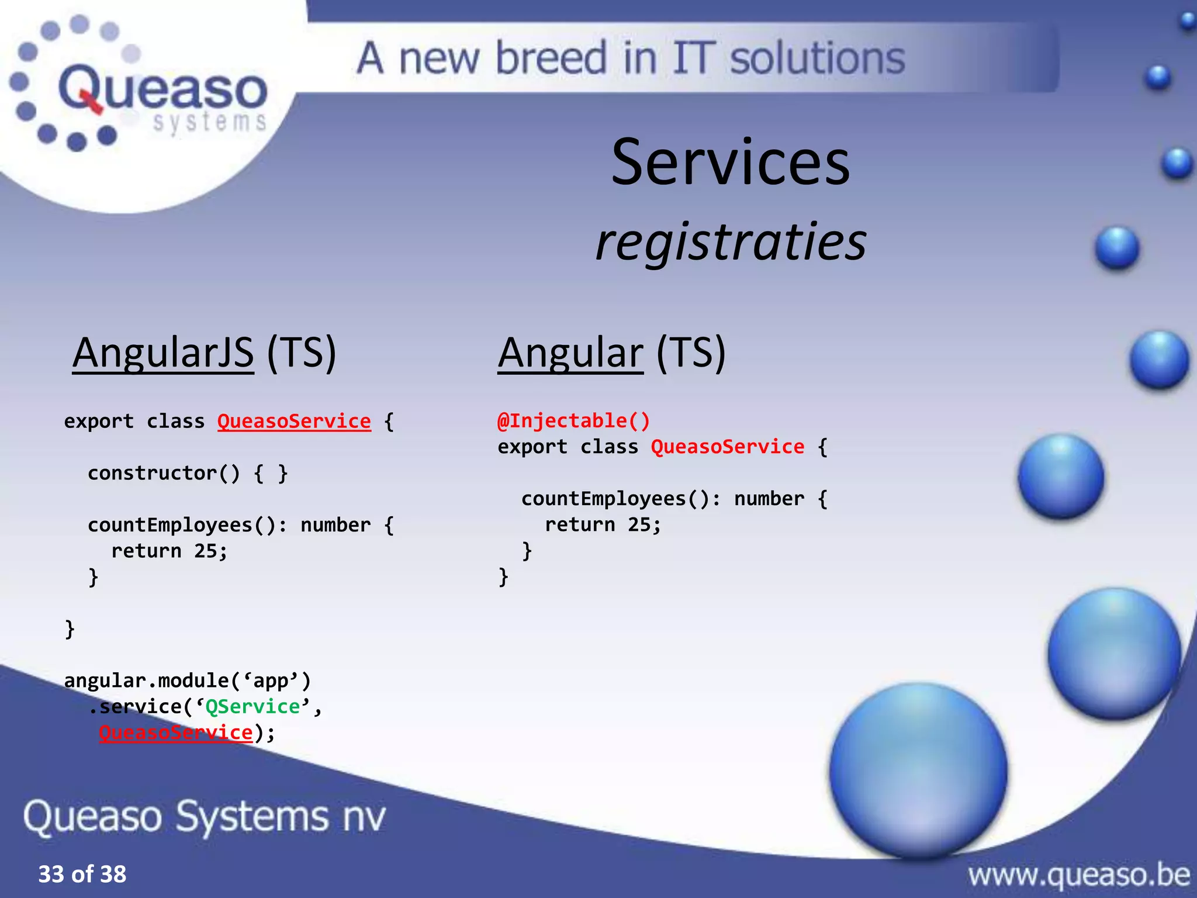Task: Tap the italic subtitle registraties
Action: tap(731, 242)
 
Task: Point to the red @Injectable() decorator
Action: tap(573, 421)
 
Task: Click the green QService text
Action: tap(252, 707)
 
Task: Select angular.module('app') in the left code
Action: tap(187, 681)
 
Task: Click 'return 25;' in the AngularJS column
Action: tap(169, 551)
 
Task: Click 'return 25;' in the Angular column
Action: tap(603, 525)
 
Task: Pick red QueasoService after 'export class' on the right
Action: tap(727, 447)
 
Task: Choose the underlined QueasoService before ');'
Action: tap(176, 733)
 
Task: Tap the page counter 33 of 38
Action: tap(82, 874)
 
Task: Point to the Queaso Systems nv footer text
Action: tap(205, 816)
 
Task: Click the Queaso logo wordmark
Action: tap(162, 89)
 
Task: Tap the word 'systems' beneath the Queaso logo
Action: tap(209, 122)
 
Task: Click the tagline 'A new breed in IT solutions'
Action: tap(631, 58)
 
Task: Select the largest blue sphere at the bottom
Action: tap(918, 771)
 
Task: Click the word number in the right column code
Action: tap(769, 499)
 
